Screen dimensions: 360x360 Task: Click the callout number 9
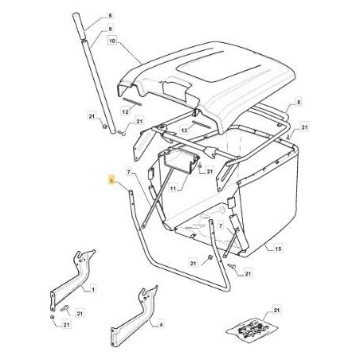(111, 28)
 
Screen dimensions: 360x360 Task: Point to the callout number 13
(183, 128)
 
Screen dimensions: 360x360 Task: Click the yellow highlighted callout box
(111, 182)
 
